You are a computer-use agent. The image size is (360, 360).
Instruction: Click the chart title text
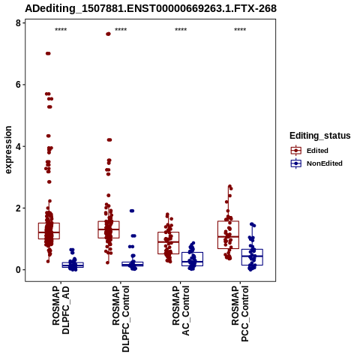(x=151, y=8)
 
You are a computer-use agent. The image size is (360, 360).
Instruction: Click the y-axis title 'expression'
(x=8, y=150)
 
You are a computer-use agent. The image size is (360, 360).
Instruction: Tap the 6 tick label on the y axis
(x=18, y=85)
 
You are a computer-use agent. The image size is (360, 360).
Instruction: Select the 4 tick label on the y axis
(x=18, y=146)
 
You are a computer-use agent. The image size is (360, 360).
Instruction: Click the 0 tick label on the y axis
(x=18, y=270)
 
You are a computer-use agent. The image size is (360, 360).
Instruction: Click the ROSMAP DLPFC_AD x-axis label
(x=61, y=310)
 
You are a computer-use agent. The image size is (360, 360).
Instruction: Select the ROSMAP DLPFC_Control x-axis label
(x=121, y=319)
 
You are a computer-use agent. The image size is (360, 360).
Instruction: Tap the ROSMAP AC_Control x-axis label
(x=181, y=310)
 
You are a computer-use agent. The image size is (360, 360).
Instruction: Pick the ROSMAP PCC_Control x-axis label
(x=240, y=313)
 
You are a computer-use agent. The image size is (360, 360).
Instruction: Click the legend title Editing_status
(x=320, y=136)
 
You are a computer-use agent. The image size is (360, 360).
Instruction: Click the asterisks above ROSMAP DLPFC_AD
(x=61, y=30)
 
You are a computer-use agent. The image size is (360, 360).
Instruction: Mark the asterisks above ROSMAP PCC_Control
(x=240, y=30)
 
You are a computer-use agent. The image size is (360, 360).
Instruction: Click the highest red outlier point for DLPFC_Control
(x=108, y=34)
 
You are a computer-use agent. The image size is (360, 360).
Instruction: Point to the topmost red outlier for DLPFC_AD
(x=48, y=53)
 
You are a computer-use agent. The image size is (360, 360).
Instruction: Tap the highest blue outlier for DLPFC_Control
(x=132, y=211)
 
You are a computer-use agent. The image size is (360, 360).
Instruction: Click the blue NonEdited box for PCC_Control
(x=252, y=257)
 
